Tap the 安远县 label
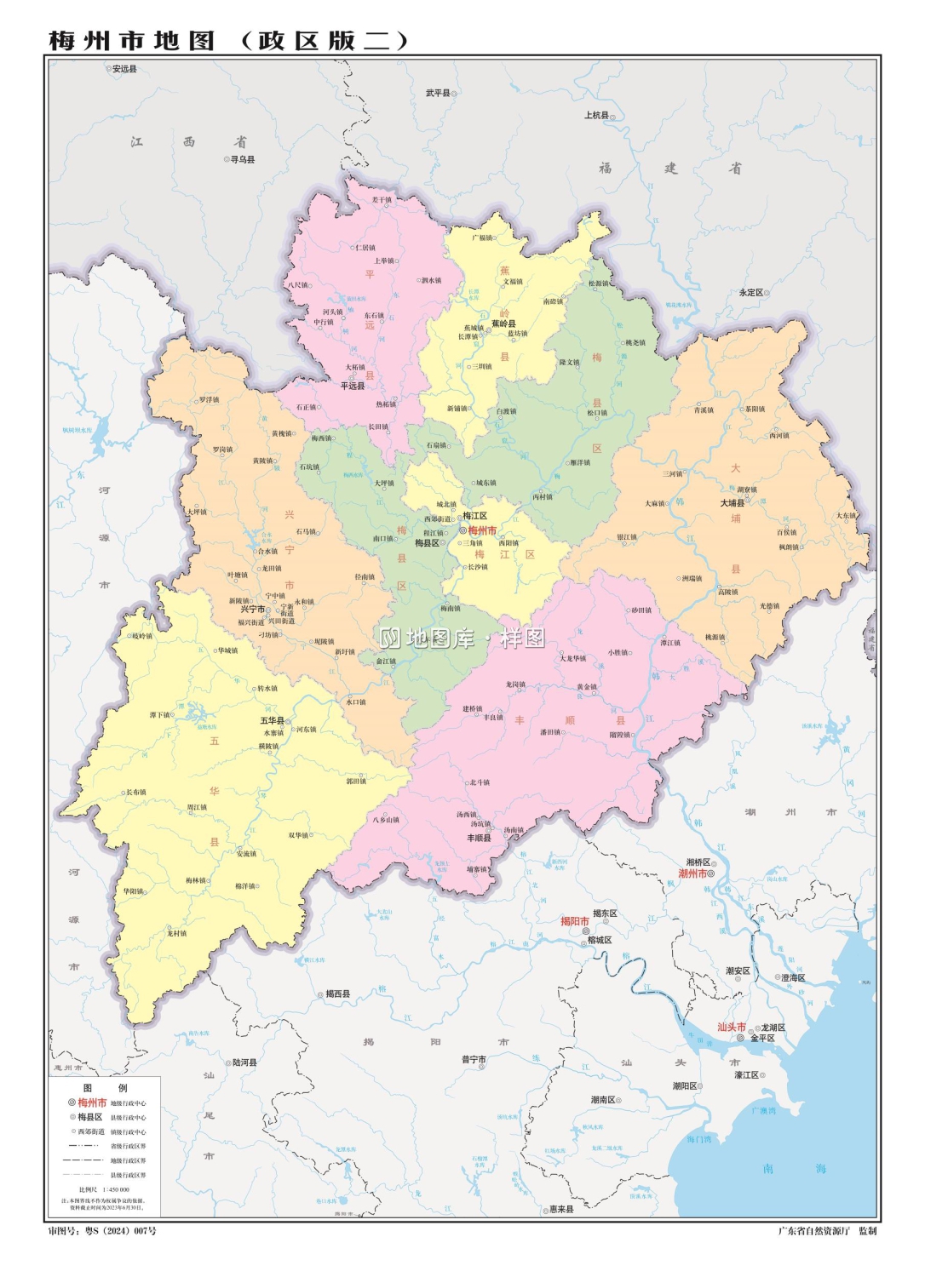[124, 69]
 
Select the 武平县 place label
[438, 93]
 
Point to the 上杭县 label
[596, 115]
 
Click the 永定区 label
[751, 292]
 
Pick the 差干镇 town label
[381, 200]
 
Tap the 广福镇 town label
[482, 238]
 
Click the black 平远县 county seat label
[353, 386]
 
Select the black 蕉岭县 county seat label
[503, 324]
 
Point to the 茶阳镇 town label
[755, 409]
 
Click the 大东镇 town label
[845, 515]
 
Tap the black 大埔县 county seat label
[733, 503]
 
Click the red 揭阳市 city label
[575, 921]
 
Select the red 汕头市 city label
[732, 1027]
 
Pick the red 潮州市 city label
[692, 873]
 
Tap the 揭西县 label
[338, 994]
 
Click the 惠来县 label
[561, 1209]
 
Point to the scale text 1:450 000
[116, 1189]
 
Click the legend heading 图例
[105, 1088]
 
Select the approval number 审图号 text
[101, 1230]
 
